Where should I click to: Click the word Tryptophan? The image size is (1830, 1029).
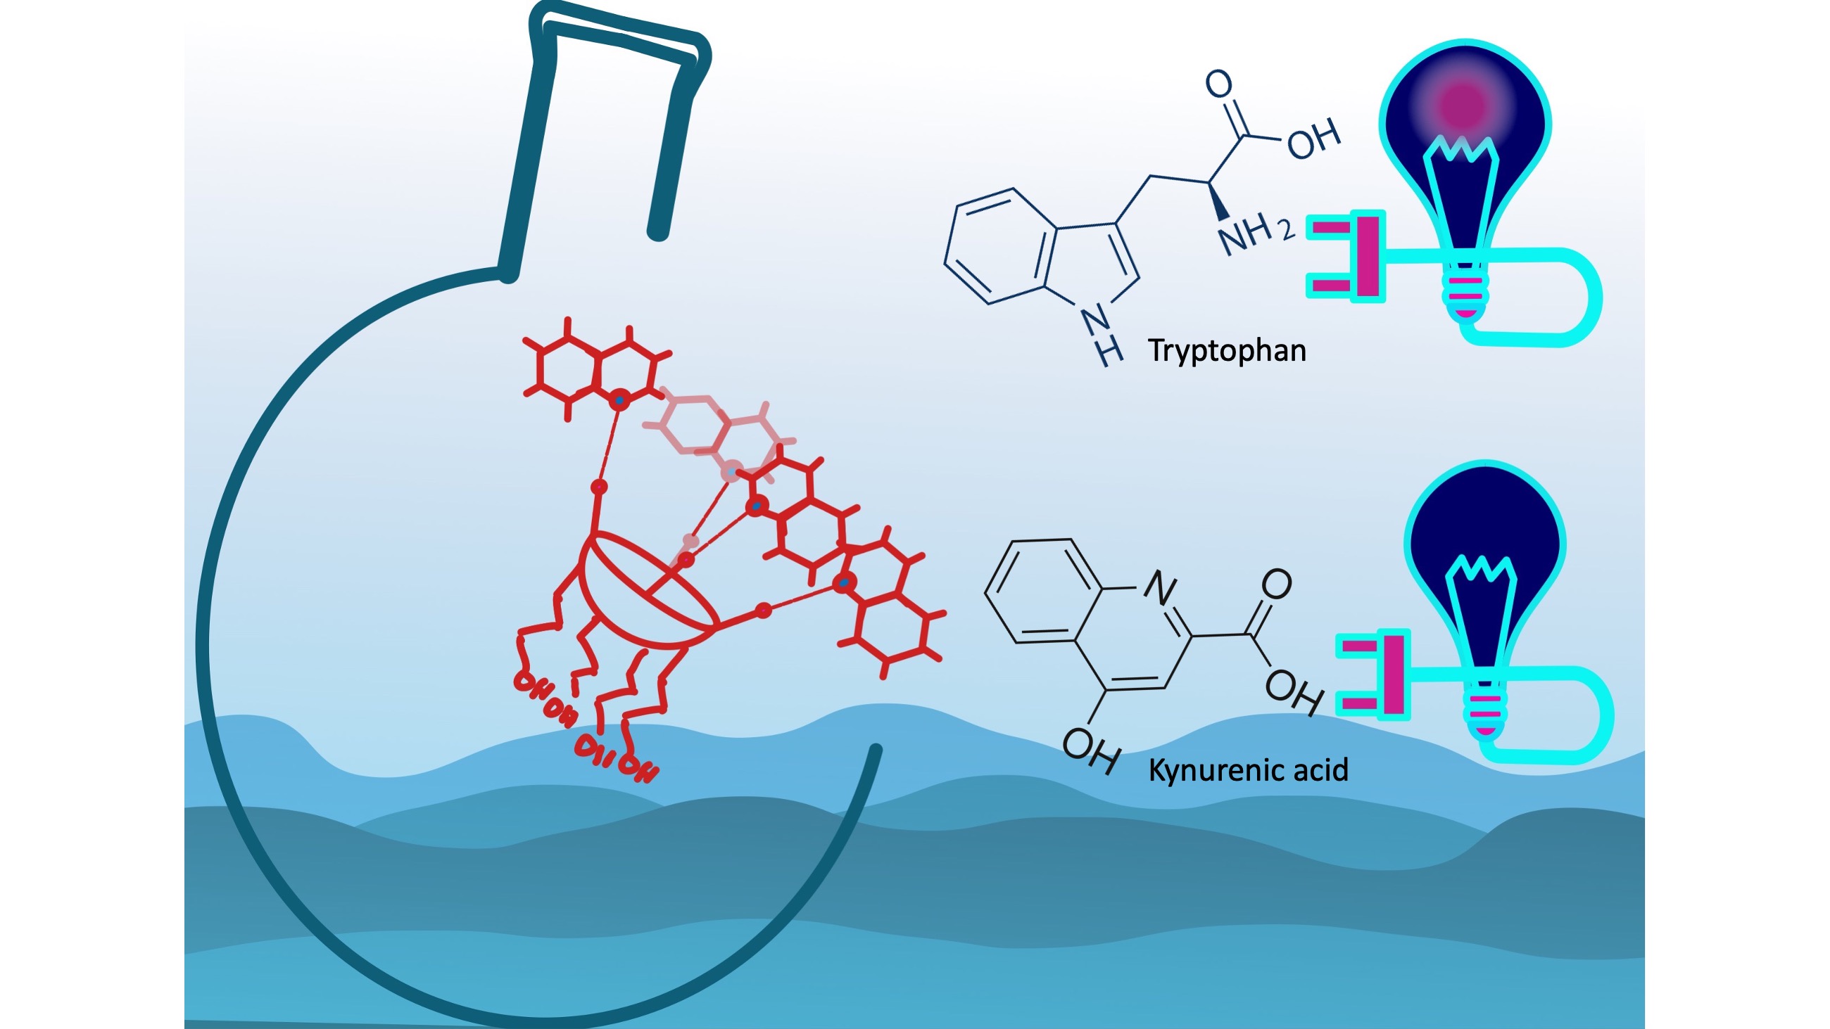pyautogui.click(x=1227, y=351)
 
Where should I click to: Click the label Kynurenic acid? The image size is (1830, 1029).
pyautogui.click(x=1248, y=770)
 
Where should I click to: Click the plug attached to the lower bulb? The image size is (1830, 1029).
pyautogui.click(x=1374, y=675)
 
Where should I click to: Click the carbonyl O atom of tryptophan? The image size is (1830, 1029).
pyautogui.click(x=1219, y=84)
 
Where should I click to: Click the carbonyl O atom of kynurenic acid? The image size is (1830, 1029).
pyautogui.click(x=1276, y=584)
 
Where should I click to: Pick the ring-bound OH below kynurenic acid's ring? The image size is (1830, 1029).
pyautogui.click(x=1091, y=751)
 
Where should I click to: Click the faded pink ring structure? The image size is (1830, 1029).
pyautogui.click(x=717, y=426)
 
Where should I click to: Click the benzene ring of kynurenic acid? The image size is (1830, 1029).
pyautogui.click(x=1044, y=592)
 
